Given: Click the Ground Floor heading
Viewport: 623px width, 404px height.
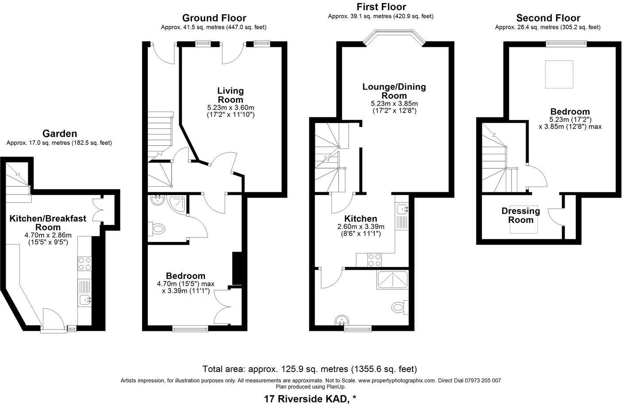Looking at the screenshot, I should (x=214, y=18).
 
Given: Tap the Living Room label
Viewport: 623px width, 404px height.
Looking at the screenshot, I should (x=230, y=95).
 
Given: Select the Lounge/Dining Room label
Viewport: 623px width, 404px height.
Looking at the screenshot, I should (x=394, y=91).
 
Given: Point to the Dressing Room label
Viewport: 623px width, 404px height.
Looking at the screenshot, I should (x=521, y=215).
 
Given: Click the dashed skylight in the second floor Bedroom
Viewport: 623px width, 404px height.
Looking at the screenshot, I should (x=559, y=74).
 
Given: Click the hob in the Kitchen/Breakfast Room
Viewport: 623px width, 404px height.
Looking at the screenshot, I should (x=85, y=264).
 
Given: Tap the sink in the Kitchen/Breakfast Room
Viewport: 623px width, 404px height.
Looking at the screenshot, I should (x=85, y=300).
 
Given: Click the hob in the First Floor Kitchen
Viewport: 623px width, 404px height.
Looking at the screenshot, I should (x=375, y=260).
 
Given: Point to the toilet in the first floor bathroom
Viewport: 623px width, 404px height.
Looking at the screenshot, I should (x=400, y=306).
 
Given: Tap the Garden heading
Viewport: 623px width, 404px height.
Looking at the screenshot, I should (x=59, y=133).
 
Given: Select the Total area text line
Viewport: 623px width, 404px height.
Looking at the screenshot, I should (x=309, y=369).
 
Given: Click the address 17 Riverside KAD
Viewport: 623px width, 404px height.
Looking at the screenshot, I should (x=310, y=398).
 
